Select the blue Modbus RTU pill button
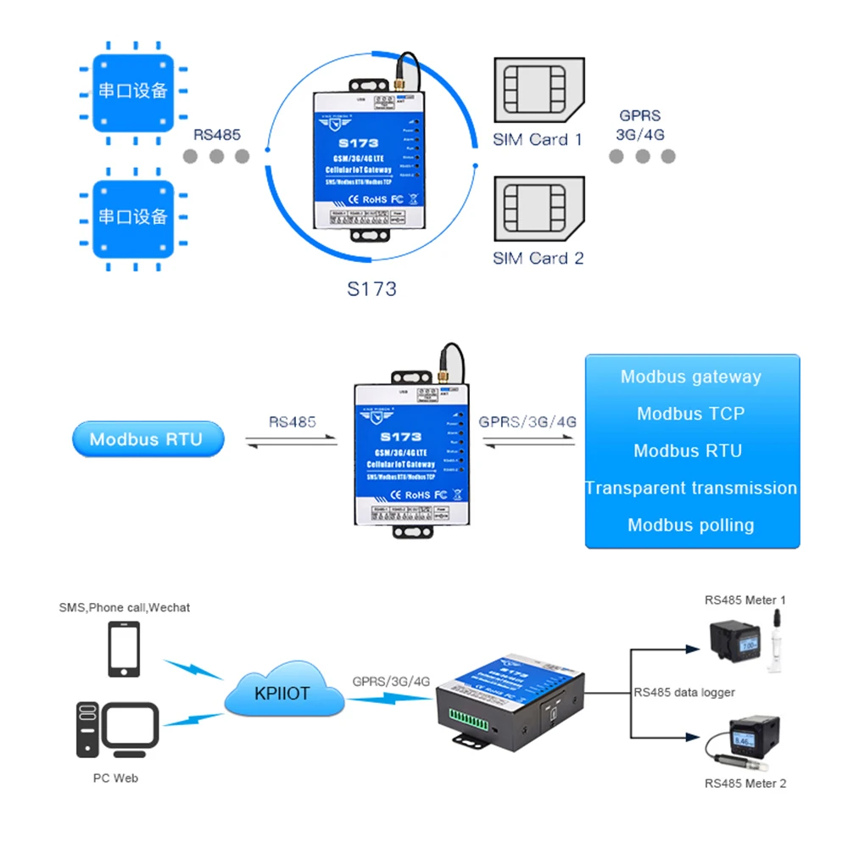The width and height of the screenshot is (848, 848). pos(146,439)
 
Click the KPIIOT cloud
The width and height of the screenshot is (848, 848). pos(283,693)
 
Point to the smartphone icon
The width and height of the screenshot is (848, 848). pos(124,650)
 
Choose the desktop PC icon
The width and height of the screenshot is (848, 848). pos(117,728)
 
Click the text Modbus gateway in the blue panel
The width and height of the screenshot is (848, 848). pos(690,377)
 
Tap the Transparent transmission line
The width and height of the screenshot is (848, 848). pos(691,488)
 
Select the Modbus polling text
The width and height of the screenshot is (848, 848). pos(690,525)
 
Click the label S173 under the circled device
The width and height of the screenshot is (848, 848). pos(371,288)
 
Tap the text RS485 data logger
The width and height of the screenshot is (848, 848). pos(684,692)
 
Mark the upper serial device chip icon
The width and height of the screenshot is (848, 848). pos(132,91)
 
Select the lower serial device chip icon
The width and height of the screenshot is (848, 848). pos(132,216)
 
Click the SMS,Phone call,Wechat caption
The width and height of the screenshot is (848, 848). pos(124,607)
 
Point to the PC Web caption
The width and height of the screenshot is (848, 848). pos(115,778)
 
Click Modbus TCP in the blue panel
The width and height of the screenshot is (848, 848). pos(690,414)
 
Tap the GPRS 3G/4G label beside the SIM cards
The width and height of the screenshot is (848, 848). pos(639,125)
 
